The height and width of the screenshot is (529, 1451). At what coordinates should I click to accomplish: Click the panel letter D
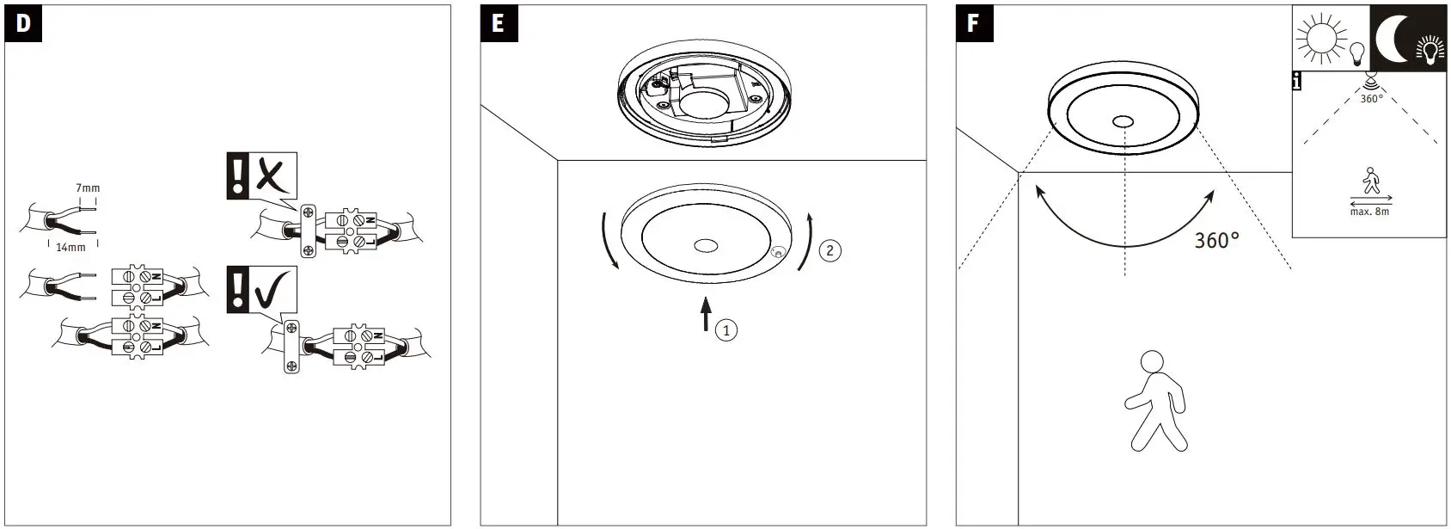23,23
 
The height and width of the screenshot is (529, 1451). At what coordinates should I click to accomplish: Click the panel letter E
499,23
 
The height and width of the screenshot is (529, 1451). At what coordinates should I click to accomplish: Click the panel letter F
973,23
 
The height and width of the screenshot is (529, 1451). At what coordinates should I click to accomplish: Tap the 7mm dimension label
88,188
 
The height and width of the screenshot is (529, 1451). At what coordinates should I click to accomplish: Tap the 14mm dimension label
70,247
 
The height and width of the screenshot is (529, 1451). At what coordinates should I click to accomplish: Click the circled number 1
726,329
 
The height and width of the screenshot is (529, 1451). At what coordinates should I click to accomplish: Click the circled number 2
829,250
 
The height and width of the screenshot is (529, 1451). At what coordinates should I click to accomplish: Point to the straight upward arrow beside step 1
706,314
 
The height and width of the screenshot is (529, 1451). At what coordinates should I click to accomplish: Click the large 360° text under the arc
1216,241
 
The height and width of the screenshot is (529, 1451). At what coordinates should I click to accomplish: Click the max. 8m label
1369,212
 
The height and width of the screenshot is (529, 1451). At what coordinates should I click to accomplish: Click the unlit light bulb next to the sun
1357,54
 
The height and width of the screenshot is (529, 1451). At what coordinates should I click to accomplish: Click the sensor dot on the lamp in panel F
1123,121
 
